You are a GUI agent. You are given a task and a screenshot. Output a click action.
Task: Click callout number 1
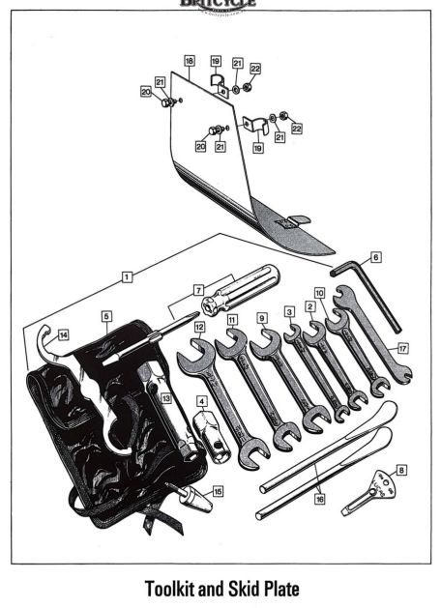coord(127,275)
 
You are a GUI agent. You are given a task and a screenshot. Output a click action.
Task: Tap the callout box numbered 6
coord(375,257)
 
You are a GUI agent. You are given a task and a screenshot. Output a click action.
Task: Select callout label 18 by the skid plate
coord(190,60)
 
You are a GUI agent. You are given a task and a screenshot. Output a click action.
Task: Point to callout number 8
coord(401,470)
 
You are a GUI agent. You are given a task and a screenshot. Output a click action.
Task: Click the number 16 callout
coord(320,500)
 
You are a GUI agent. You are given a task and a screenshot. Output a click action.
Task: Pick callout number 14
coord(63,334)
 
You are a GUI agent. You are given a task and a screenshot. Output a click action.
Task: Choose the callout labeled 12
coord(198,328)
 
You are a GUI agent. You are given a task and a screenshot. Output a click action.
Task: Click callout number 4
coord(201,401)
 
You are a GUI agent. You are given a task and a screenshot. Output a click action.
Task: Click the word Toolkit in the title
coord(181,587)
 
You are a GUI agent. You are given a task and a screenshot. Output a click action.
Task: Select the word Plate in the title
coord(321,587)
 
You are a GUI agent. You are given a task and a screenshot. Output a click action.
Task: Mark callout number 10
coord(318,291)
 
